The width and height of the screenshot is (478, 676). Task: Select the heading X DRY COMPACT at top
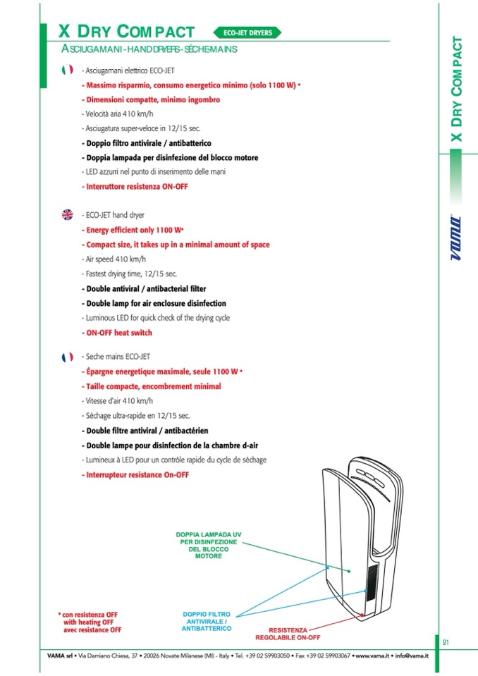[x=126, y=32]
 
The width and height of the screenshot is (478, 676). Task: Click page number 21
[x=446, y=641]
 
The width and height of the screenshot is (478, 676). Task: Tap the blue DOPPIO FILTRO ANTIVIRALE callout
[x=205, y=621]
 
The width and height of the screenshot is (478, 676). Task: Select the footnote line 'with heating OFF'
[x=88, y=622]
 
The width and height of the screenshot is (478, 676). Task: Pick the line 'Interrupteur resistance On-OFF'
[x=135, y=475]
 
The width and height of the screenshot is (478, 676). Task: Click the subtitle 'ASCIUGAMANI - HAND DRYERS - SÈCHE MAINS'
[x=149, y=50]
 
